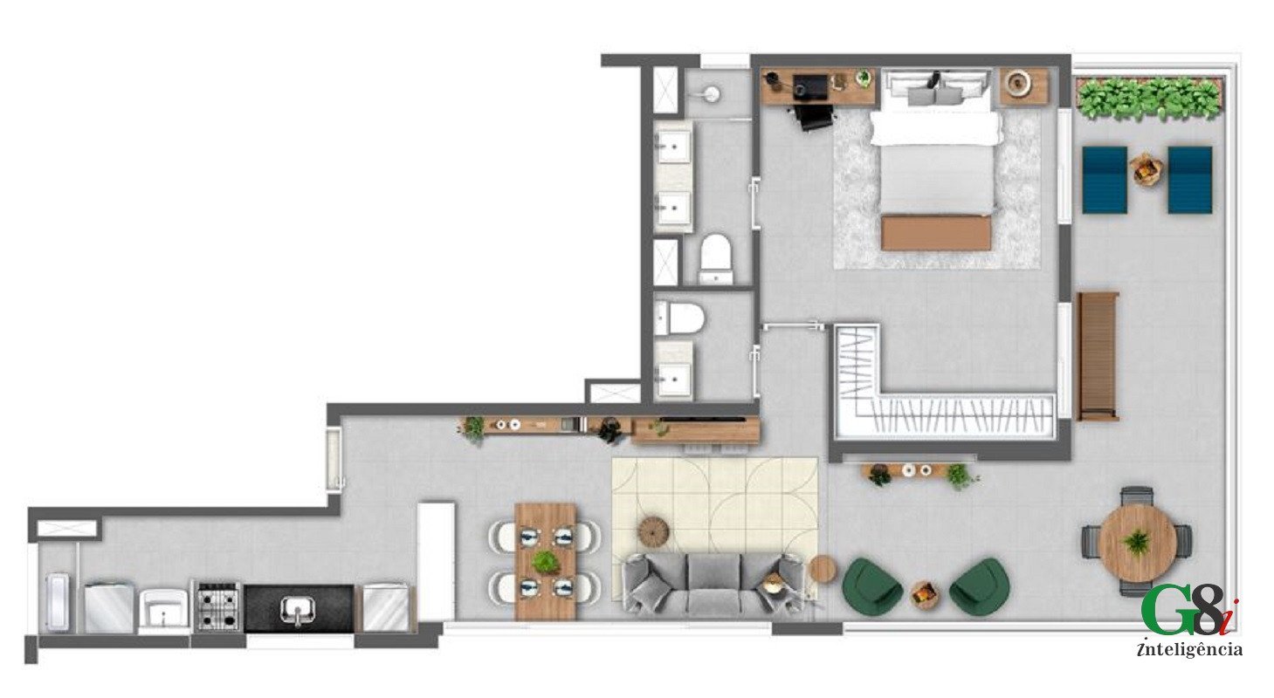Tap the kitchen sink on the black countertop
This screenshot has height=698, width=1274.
coord(297,609)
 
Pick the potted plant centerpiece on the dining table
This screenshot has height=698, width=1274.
coord(545,562)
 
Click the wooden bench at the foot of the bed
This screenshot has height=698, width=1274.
coord(936,233)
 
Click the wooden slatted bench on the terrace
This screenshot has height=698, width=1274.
coord(1098,356)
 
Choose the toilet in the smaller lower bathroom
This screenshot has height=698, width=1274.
coord(681,318)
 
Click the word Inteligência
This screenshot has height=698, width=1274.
coord(1189,650)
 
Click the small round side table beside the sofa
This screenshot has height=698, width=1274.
coord(823,568)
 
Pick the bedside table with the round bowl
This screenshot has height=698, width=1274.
coord(1023,86)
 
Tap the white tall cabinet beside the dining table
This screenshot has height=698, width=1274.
coord(437,560)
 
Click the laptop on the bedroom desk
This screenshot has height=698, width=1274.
coord(810,87)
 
